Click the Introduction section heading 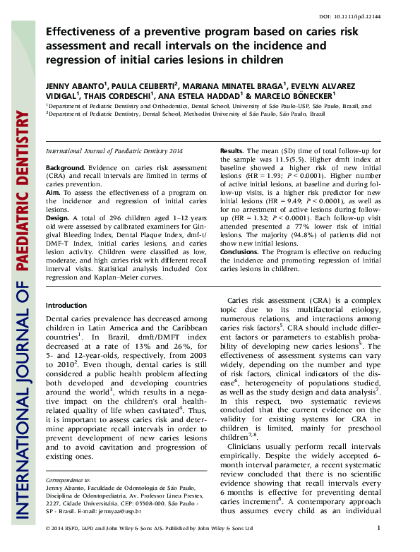click(x=66, y=306)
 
